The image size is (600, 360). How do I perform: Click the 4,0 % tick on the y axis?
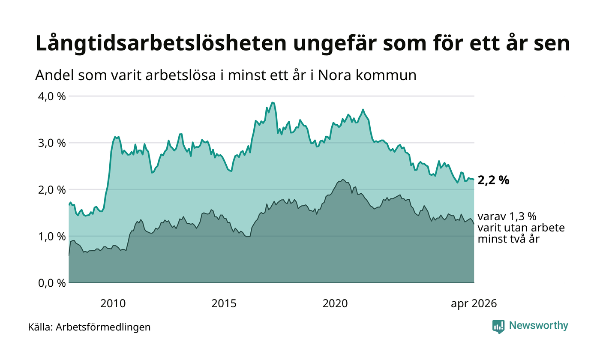coord(52,96)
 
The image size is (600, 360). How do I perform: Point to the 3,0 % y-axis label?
coord(52,143)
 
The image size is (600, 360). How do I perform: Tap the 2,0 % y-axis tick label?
coord(52,190)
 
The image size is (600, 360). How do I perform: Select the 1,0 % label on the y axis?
coord(52,237)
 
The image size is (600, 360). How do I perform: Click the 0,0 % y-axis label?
coord(52,283)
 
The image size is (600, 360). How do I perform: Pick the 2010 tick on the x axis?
coord(113,303)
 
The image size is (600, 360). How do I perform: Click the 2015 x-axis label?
coord(224,303)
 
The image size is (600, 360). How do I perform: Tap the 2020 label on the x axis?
coord(335,303)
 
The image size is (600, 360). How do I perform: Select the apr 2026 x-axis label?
coord(474,304)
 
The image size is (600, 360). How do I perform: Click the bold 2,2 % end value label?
coord(493,181)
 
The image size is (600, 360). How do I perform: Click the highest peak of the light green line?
coord(273,102)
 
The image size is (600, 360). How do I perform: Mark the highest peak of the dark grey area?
coord(343,180)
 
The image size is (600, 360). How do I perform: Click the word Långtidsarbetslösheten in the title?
coord(161,43)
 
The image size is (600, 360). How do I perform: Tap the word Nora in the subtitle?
coord(335,75)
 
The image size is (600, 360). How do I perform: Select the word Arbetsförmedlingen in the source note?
coord(103,327)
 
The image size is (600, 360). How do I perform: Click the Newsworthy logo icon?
coord(498,327)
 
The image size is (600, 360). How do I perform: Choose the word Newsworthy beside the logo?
coord(538,326)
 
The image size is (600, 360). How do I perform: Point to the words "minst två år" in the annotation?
coord(508,239)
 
